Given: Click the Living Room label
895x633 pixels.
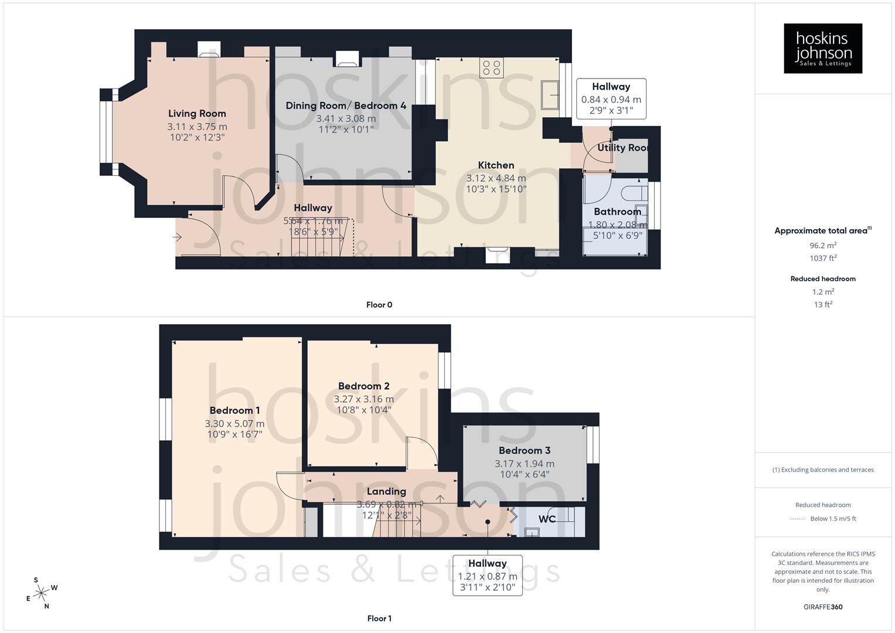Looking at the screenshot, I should coord(197,114).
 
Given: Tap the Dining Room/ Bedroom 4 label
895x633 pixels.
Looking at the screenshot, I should coord(346,105).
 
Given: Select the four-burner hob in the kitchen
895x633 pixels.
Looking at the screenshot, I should coord(491,68).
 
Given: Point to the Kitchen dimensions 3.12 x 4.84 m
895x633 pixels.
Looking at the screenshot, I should coord(496,178).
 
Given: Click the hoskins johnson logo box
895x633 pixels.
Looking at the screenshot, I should coord(823,49).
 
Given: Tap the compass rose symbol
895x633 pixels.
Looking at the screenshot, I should coord(41,593).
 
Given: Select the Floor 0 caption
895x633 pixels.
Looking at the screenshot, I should coord(379,305).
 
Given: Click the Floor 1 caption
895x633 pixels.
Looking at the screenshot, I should coord(379,618).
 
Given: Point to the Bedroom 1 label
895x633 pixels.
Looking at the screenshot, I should coord(234,410).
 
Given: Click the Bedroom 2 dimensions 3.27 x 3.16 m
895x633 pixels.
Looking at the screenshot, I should coord(363,399).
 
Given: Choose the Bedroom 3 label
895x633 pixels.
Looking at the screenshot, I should coord(525,450).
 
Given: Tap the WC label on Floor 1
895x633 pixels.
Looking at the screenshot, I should coord(547,519).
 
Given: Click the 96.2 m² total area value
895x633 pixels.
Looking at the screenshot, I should coord(823,246).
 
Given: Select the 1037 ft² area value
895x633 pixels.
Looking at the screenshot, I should coord(823,258).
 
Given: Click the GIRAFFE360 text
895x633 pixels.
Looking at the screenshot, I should coord(823,607).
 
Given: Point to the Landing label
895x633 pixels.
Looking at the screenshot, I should coord(386,491).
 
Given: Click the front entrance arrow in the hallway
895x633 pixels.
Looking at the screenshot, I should coord(177,237).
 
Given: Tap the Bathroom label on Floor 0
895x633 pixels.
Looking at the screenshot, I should coord(617,212).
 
